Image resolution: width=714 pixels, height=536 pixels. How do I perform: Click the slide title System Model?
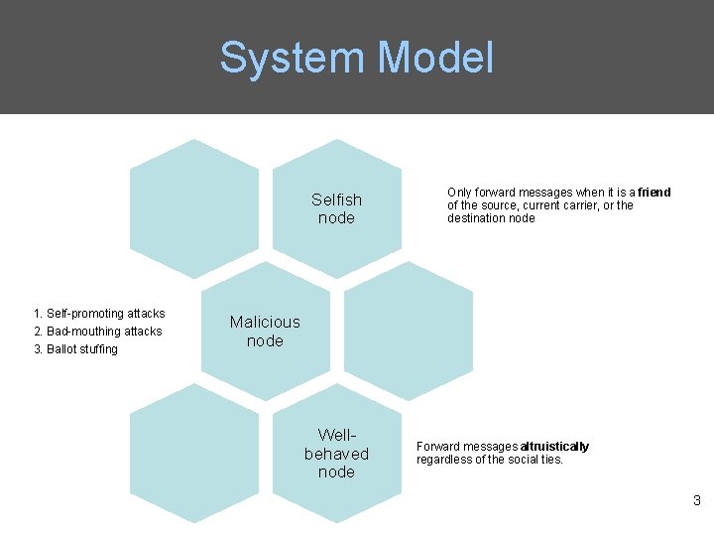(x=356, y=58)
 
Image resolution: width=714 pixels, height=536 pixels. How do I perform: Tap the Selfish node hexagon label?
(x=336, y=208)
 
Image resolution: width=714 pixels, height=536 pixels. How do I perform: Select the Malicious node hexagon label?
(x=265, y=331)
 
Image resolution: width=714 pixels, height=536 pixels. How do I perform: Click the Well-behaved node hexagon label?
(x=336, y=454)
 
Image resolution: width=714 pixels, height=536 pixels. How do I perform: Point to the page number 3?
(x=697, y=501)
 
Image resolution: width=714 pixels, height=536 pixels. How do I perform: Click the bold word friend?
(x=654, y=193)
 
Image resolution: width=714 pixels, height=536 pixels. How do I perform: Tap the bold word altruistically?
(x=554, y=447)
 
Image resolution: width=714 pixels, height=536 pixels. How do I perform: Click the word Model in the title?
(x=435, y=58)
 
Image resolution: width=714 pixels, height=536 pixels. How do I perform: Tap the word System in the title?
(x=293, y=58)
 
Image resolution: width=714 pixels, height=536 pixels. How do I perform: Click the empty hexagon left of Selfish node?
(x=194, y=199)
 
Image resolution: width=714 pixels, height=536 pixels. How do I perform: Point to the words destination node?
(x=491, y=218)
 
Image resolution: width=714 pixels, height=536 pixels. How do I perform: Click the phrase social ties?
(x=535, y=460)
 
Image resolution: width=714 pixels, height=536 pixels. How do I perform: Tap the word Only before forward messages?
(x=459, y=193)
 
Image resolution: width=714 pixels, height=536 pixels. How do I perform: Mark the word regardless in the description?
(x=444, y=460)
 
